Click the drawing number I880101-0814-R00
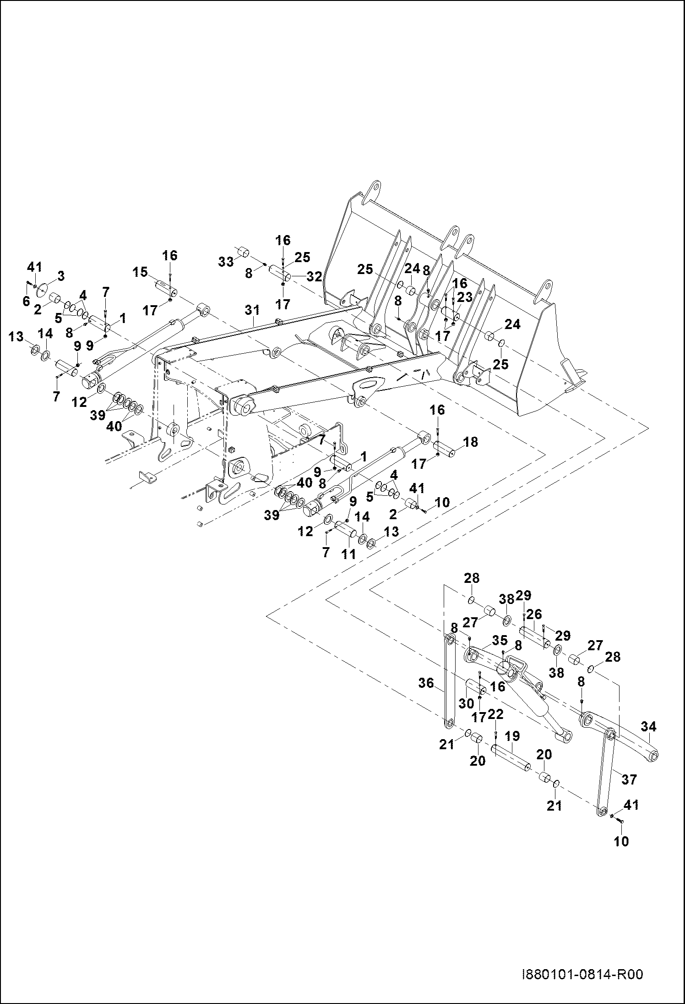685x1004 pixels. (582, 974)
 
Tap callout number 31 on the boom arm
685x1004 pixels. (252, 310)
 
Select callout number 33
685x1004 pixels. (226, 262)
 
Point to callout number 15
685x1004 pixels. (140, 272)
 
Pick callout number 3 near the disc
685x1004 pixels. (60, 276)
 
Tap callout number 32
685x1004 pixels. (315, 276)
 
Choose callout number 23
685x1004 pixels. (465, 297)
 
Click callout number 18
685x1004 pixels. (470, 442)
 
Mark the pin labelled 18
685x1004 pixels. (444, 447)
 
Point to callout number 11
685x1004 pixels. (348, 554)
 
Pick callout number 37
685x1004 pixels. (630, 779)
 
